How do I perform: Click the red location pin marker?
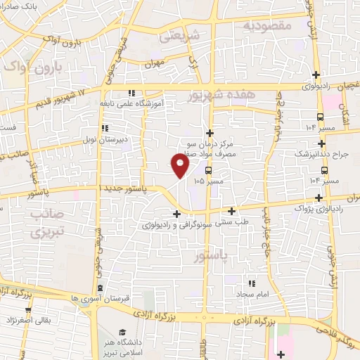(x=181, y=165)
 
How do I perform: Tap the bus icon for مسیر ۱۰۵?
(x=209, y=170)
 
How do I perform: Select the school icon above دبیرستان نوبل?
(x=105, y=128)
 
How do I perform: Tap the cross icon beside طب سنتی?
(x=231, y=211)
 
